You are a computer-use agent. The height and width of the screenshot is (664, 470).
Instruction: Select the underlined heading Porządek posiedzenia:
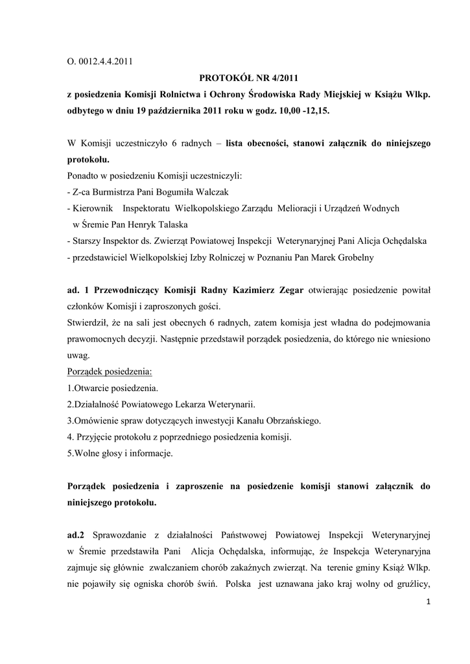tap(109, 372)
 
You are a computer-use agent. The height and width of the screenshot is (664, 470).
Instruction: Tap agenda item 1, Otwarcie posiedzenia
tap(112, 388)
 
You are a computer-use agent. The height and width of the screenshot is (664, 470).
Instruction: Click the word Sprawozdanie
tap(121, 536)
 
